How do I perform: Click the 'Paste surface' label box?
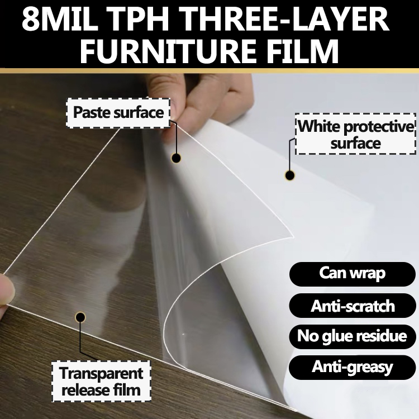click(x=118, y=113)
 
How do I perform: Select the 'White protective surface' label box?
click(x=355, y=134)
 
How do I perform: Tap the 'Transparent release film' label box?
click(x=101, y=382)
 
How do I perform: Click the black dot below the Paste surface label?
click(x=176, y=158)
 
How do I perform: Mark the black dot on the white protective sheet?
click(x=289, y=175)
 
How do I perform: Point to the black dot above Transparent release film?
click(x=80, y=317)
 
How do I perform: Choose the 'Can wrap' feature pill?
click(x=353, y=274)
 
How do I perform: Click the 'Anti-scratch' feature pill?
click(x=353, y=306)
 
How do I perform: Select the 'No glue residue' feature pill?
click(x=353, y=336)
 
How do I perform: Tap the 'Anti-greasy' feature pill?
click(x=353, y=367)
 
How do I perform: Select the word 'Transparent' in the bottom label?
click(x=101, y=373)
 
